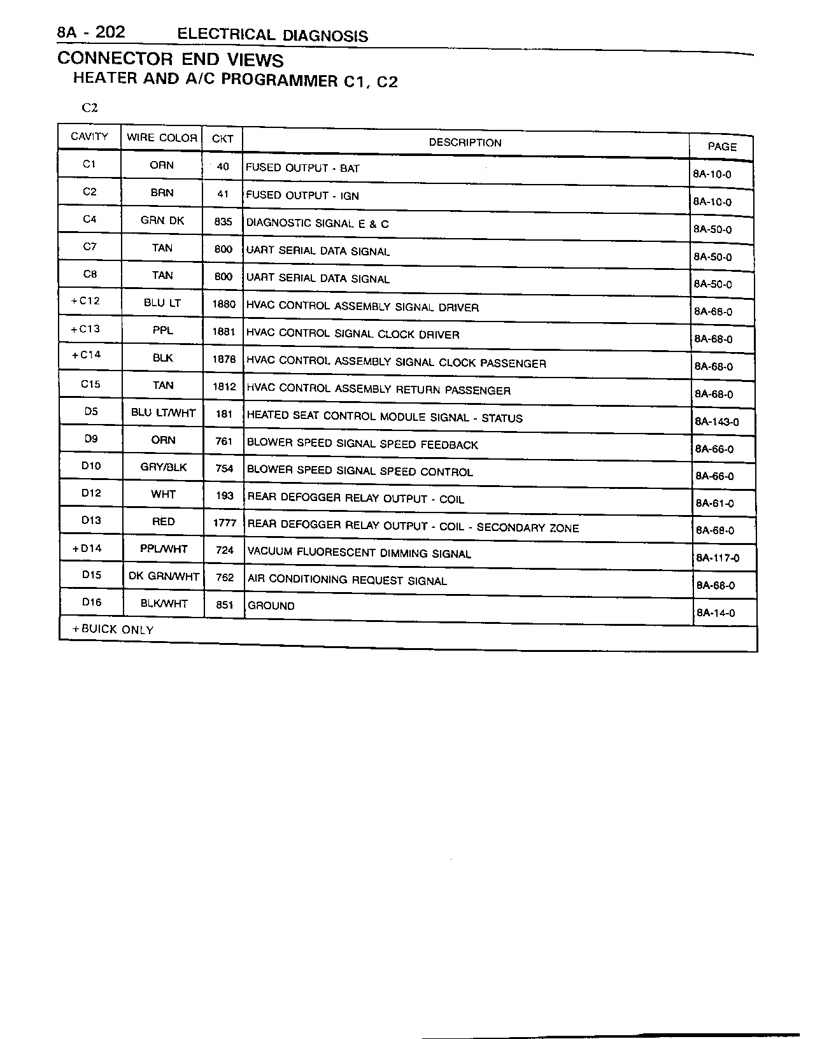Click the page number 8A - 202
click(90, 32)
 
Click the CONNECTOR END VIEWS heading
click(170, 59)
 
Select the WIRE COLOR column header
click(162, 138)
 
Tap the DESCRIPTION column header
click(465, 143)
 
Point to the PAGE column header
click(722, 146)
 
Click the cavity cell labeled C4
click(90, 219)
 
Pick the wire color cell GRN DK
click(162, 221)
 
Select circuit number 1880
click(223, 304)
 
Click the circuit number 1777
click(225, 523)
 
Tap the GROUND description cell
click(271, 605)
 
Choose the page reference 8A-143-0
click(717, 421)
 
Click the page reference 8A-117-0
click(718, 558)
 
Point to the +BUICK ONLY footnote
click(113, 630)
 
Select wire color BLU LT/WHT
click(163, 413)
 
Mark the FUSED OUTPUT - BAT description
click(302, 168)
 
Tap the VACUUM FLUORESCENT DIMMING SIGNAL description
click(359, 553)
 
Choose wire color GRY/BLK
click(164, 467)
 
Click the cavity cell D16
click(92, 602)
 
